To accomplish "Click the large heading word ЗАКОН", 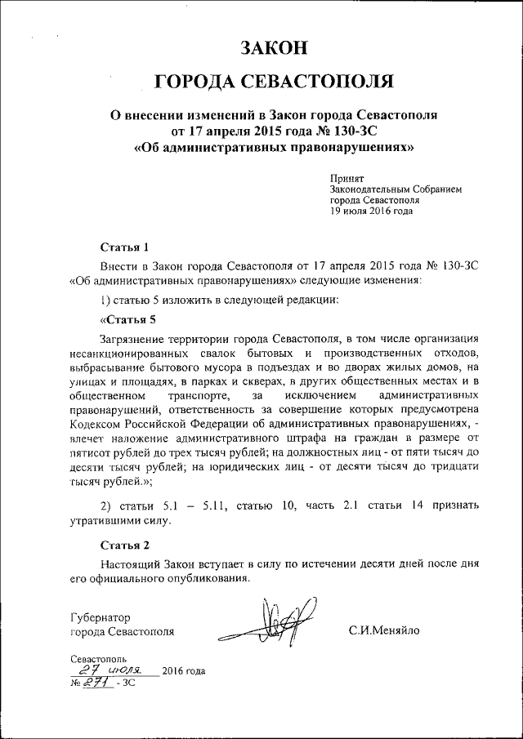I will (273, 47).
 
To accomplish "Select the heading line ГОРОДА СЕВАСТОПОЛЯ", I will (274, 81).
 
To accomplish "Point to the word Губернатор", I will (101, 617).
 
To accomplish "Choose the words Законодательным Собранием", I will (396, 189).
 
